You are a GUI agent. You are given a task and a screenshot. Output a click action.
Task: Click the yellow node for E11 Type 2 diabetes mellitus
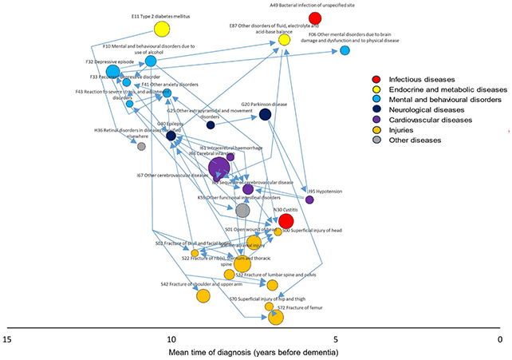point(162,30)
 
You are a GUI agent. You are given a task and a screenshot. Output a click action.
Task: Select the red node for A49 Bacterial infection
point(316,18)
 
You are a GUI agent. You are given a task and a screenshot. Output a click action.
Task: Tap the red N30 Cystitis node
point(286,221)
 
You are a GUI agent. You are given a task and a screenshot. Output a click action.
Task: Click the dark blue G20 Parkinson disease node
point(265,115)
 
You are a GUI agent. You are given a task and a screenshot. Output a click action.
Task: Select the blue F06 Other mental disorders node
point(345,50)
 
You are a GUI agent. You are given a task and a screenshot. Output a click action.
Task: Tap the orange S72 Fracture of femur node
point(276,318)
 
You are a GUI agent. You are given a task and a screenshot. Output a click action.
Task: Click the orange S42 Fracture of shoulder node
point(203,295)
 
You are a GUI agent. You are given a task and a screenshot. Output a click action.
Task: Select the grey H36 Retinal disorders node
point(141,146)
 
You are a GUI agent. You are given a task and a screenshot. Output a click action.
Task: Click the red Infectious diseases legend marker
point(376,80)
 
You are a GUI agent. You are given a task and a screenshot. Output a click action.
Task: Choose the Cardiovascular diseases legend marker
point(376,119)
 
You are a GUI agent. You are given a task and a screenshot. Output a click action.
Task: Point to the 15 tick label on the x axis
point(6,338)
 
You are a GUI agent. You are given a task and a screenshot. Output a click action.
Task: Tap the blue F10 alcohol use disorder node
point(151,61)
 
